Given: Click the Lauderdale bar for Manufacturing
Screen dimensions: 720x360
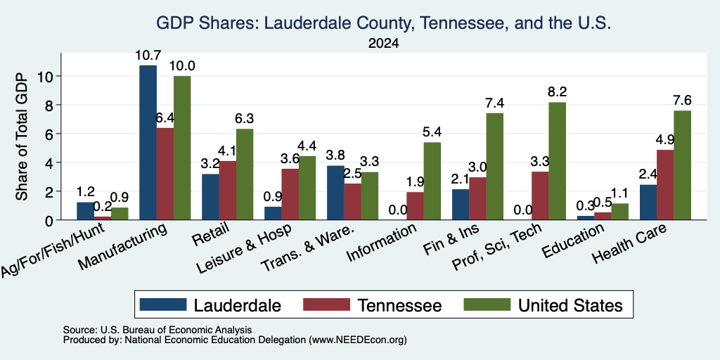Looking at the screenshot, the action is pyautogui.click(x=148, y=142).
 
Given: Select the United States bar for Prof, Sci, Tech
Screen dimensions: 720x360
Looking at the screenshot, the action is pyautogui.click(x=557, y=161).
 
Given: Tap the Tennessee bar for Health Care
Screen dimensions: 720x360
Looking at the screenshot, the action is pyautogui.click(x=665, y=185).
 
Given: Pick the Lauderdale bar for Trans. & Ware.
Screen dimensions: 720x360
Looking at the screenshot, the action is pyautogui.click(x=335, y=193).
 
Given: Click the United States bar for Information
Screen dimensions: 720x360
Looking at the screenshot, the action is pyautogui.click(x=432, y=181).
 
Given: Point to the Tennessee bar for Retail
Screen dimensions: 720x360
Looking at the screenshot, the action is pyautogui.click(x=227, y=191).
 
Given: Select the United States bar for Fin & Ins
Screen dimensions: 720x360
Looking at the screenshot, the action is pyautogui.click(x=494, y=167).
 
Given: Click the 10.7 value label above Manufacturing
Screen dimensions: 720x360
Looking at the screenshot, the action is pyautogui.click(x=148, y=56).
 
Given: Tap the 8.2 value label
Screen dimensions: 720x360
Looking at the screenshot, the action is pyautogui.click(x=557, y=92).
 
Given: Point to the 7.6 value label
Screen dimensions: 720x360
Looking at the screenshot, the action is pyautogui.click(x=682, y=100).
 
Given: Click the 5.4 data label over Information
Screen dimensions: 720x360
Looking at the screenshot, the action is pyautogui.click(x=432, y=132).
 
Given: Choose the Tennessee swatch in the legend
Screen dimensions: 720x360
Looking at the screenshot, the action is pyautogui.click(x=326, y=304).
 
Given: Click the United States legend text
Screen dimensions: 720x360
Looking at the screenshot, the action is pyautogui.click(x=570, y=305).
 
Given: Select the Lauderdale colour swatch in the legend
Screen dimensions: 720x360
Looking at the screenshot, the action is pyautogui.click(x=163, y=304).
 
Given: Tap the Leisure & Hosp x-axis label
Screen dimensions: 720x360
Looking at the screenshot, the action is pyautogui.click(x=245, y=249).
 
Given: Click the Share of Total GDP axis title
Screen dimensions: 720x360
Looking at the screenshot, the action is pyautogui.click(x=22, y=136).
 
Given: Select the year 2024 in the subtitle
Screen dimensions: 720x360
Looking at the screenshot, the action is pyautogui.click(x=383, y=44).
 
